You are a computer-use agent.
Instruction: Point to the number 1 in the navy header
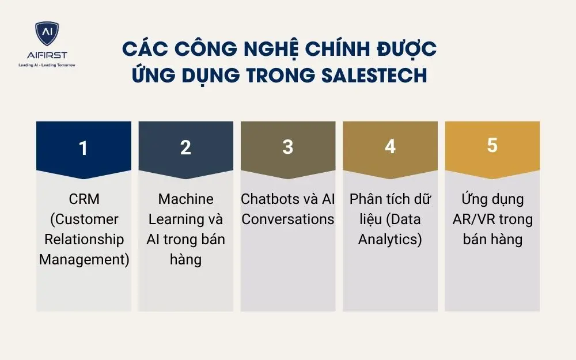[84, 148]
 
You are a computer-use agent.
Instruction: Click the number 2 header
[185, 147]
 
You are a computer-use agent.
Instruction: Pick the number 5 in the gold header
[492, 145]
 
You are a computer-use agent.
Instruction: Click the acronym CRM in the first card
[84, 199]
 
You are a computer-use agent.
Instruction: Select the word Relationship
[84, 239]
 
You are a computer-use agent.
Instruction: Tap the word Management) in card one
[84, 259]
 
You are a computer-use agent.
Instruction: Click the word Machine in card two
[185, 199]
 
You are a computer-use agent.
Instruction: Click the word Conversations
[287, 219]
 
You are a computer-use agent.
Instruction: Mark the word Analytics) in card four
[390, 239]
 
